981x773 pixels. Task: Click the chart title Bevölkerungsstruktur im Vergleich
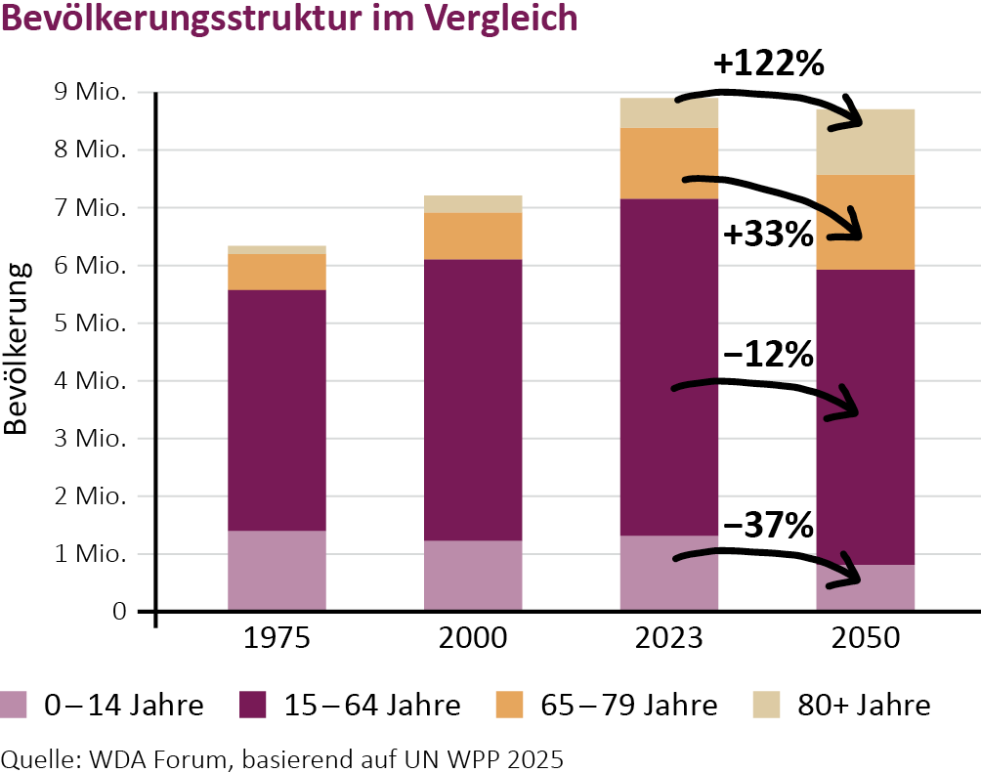(290, 20)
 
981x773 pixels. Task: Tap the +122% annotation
(769, 64)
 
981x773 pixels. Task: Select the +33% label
(768, 235)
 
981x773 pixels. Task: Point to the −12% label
(768, 355)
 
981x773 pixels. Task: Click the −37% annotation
(768, 527)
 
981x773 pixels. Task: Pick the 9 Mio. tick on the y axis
(93, 93)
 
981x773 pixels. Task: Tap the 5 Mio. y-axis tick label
(93, 323)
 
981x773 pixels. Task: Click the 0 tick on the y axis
(119, 612)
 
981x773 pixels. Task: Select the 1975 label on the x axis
(277, 640)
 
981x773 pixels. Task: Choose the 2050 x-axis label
(865, 640)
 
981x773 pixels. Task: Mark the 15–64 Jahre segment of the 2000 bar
(473, 399)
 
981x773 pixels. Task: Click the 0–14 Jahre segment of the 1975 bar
(277, 571)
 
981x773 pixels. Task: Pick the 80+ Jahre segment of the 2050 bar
(865, 142)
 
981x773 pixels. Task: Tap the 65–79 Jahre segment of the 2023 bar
(669, 163)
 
